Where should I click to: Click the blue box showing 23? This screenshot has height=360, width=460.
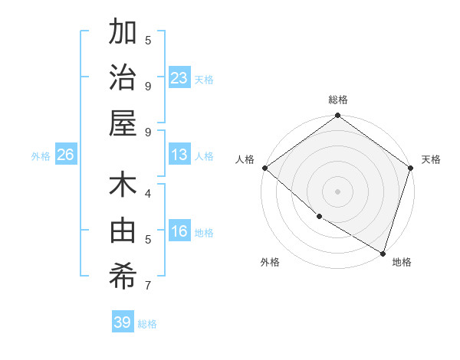(179, 78)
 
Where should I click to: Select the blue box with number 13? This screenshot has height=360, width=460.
(179, 155)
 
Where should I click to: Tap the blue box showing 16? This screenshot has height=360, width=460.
(179, 232)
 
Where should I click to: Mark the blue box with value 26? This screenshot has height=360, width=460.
(65, 155)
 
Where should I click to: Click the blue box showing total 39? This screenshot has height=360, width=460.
(123, 322)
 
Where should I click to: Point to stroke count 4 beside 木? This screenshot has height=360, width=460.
(148, 193)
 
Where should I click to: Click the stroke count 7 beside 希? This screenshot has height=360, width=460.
(148, 286)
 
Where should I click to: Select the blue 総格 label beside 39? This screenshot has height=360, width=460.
(147, 324)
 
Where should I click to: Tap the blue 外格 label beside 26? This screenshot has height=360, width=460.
(41, 156)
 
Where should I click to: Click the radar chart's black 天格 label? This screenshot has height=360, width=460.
(431, 159)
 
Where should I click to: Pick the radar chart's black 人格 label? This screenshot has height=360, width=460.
(244, 159)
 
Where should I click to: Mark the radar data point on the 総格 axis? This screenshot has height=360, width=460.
(337, 116)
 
